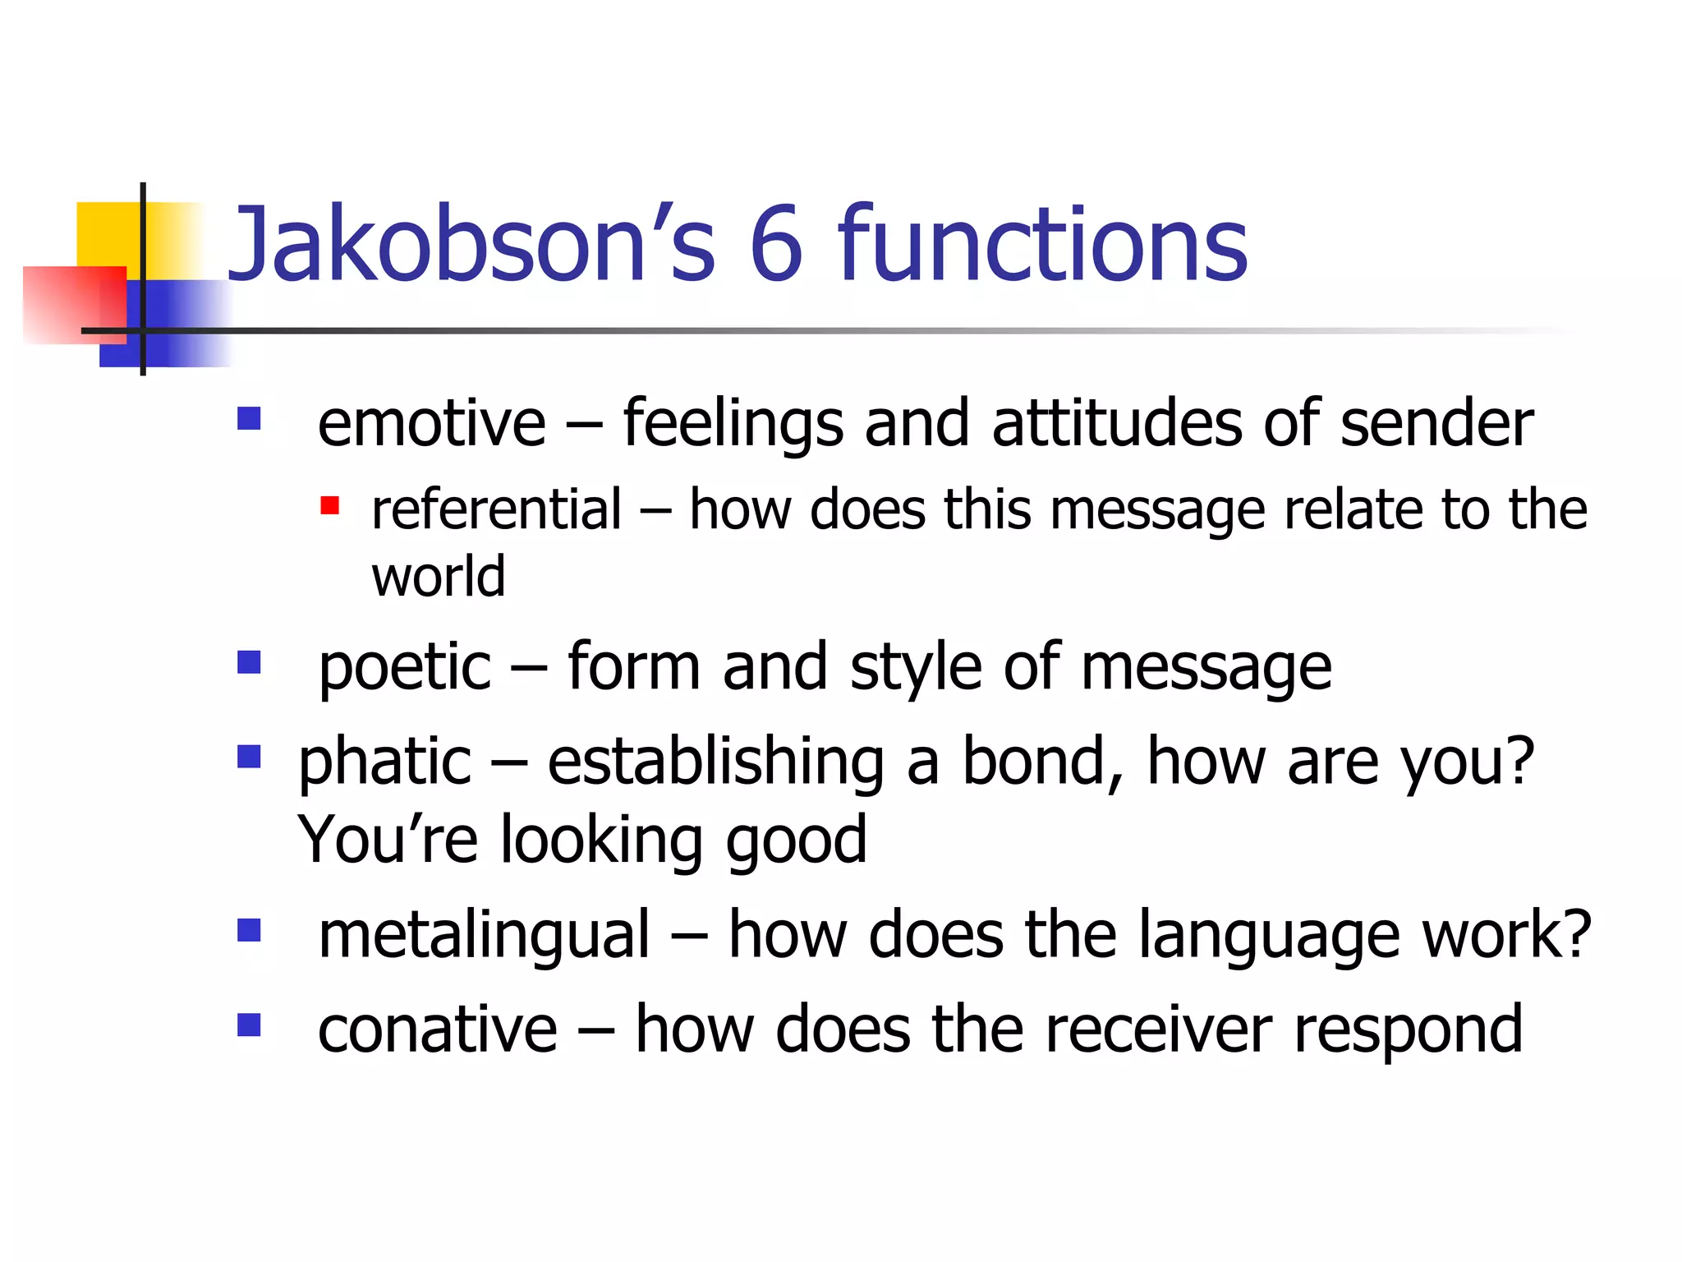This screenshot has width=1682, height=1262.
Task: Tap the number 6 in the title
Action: [775, 245]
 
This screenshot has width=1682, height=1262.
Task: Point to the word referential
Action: [496, 510]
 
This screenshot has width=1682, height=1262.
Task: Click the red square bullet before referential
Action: [329, 505]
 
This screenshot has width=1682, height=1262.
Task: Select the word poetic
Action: [404, 668]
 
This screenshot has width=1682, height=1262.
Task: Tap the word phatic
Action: [384, 762]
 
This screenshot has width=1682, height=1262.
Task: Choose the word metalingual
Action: [484, 936]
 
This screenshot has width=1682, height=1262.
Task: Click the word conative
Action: [437, 1030]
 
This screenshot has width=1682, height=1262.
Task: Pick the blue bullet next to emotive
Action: [249, 419]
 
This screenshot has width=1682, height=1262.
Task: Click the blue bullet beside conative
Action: [249, 1025]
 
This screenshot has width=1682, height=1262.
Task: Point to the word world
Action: [438, 577]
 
